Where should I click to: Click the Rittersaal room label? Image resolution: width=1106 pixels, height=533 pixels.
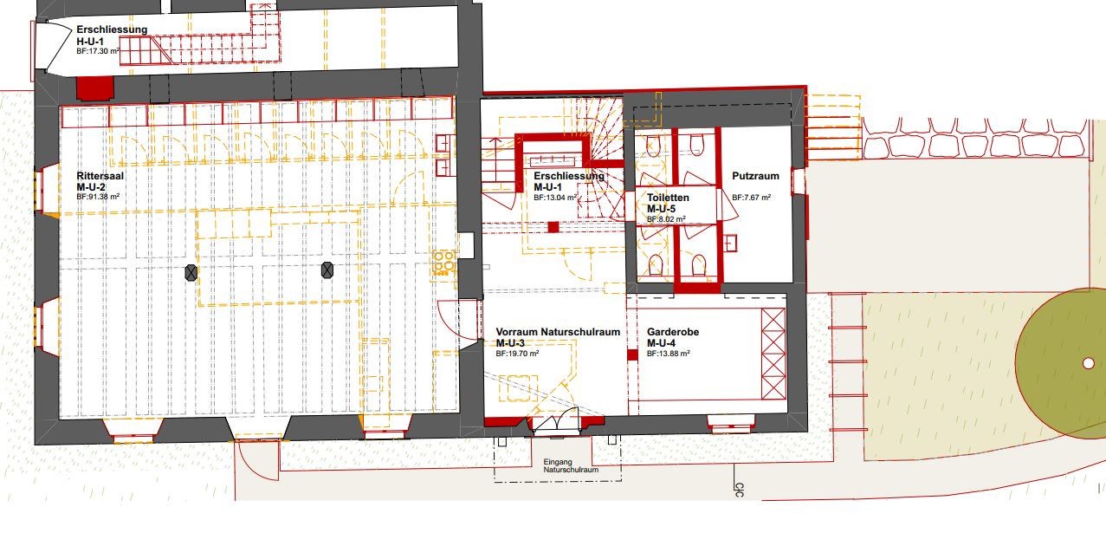tap(100, 176)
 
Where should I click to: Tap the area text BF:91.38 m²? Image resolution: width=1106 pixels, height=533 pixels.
tap(98, 197)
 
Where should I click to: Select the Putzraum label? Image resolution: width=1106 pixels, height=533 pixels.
tap(755, 176)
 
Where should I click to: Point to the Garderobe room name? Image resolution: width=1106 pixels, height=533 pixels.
tap(673, 332)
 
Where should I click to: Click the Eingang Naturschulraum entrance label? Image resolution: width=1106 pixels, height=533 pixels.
tap(571, 465)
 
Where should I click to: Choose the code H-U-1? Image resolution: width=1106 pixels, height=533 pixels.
tap(90, 42)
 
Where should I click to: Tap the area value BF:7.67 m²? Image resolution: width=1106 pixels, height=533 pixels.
tap(751, 198)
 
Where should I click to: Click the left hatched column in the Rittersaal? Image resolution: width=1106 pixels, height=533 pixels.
tap(191, 273)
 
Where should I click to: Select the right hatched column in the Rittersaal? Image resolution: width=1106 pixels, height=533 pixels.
tap(327, 270)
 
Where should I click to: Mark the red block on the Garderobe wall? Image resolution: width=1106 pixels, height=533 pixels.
tap(632, 354)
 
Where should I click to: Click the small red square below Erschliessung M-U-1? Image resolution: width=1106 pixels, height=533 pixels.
tap(553, 227)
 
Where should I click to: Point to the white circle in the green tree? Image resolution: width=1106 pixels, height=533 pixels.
tap(1088, 363)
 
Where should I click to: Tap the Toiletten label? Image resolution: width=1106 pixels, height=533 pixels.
tap(668, 198)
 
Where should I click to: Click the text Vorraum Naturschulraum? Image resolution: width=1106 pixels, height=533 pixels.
tap(558, 332)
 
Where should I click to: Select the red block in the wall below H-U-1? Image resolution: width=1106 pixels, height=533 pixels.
tap(94, 88)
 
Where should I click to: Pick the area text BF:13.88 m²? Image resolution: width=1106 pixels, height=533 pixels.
tap(668, 354)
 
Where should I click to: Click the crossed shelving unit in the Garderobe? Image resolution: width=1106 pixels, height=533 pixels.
tap(773, 354)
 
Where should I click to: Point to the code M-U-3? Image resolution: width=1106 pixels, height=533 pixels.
tap(510, 343)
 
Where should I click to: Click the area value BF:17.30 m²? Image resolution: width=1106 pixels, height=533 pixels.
tap(98, 51)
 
